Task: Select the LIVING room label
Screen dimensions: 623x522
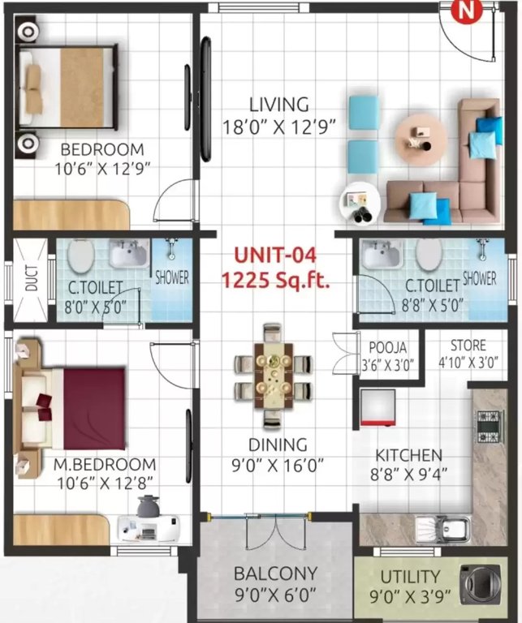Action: point(278,105)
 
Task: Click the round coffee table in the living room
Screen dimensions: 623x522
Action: point(421,136)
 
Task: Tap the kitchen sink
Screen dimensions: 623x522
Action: point(442,529)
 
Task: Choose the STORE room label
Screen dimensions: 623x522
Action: point(468,346)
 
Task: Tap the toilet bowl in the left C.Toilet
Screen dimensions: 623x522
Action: point(80,258)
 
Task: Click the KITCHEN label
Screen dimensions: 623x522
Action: point(408,455)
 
